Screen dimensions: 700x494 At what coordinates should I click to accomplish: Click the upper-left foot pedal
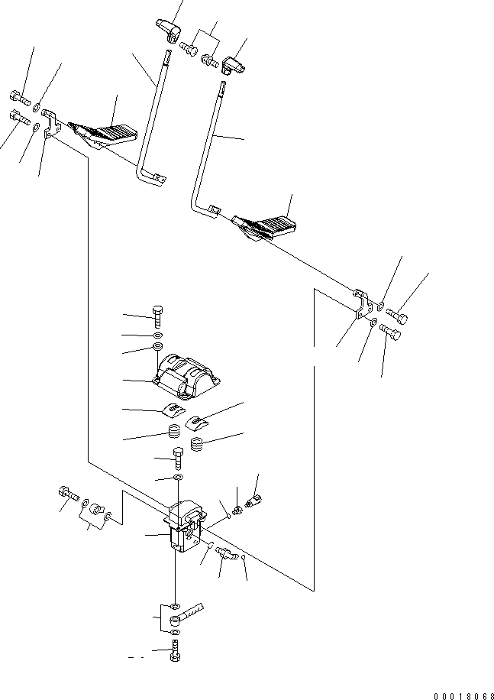coord(102,134)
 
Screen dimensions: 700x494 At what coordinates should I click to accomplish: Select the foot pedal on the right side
coord(264,225)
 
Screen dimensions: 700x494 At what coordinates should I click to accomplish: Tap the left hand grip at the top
coord(167,30)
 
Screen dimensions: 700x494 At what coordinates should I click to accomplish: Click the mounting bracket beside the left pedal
coord(51,124)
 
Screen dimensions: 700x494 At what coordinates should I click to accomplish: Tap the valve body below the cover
coord(183,525)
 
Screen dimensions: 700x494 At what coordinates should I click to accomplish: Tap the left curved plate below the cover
coord(176,410)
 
